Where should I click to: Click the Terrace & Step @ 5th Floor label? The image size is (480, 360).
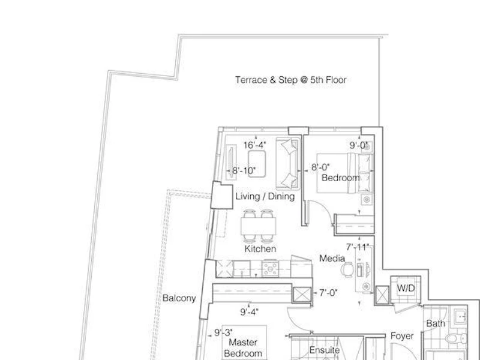coord(291,80)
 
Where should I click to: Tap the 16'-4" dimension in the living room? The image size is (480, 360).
coord(254,145)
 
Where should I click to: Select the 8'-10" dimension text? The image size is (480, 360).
coord(244,171)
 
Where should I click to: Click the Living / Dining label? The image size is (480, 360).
coord(265,197)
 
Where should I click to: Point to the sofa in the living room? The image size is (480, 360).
coord(288,163)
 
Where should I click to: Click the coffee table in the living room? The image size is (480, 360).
coord(257,164)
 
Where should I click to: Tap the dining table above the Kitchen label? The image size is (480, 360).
coord(259,226)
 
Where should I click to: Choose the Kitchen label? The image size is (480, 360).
coord(260,249)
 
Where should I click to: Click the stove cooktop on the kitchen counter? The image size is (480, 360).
coord(271,269)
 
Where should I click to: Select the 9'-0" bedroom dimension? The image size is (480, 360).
coord(358,145)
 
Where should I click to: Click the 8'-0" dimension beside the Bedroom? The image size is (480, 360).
coord(320,167)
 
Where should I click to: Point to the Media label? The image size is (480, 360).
coord(332,259)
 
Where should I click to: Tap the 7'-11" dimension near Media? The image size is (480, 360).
coord(358,247)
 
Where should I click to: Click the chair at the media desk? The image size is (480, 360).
coord(347,270)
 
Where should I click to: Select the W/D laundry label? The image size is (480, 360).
coord(406,288)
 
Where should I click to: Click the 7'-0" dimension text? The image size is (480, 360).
coord(328,293)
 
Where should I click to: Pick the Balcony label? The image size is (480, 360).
coord(179,298)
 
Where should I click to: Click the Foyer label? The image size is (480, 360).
coord(402,336)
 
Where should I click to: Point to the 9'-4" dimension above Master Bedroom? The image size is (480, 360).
coord(249,312)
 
